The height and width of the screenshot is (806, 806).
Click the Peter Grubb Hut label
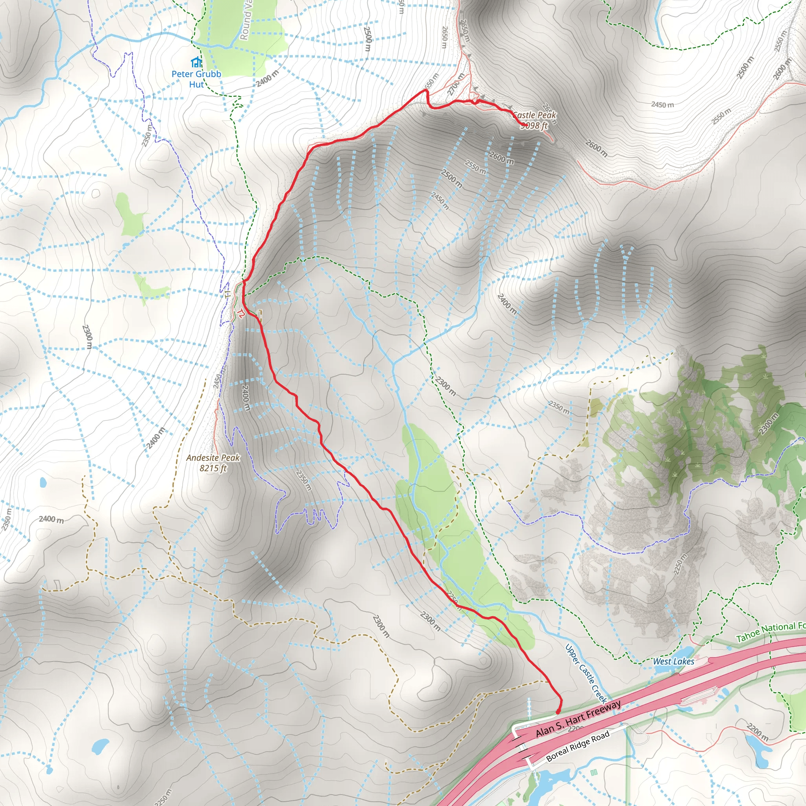tap(196, 79)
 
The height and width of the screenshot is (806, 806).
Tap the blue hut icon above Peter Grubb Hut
tap(196, 63)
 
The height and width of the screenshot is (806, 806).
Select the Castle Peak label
tap(535, 115)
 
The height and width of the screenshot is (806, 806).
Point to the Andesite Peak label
tap(213, 458)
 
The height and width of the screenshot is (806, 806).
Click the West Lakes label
tap(673, 661)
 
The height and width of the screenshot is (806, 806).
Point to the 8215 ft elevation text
tap(213, 468)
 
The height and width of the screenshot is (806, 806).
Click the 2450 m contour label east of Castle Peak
tap(662, 104)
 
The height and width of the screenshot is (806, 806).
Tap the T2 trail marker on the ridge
tap(240, 313)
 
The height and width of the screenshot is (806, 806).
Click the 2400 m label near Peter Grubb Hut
tap(267, 78)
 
